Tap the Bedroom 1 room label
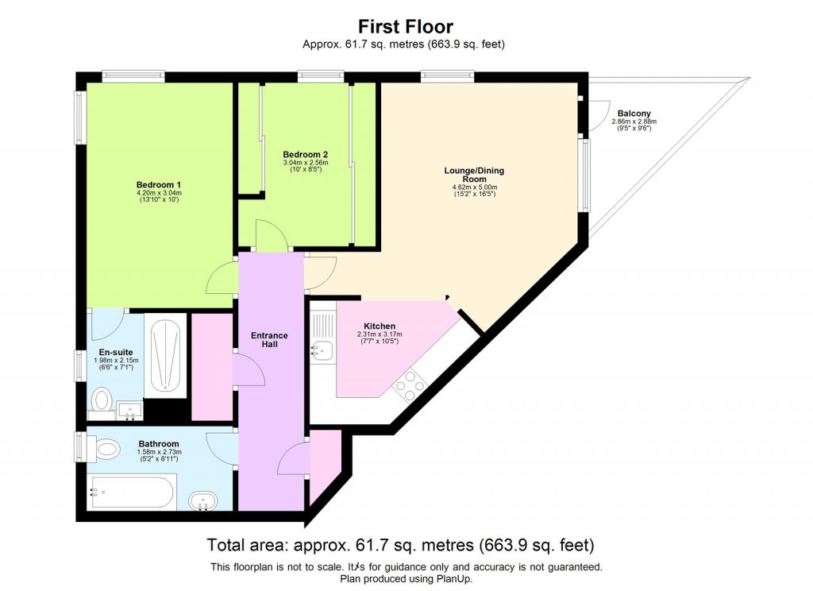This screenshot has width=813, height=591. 158,184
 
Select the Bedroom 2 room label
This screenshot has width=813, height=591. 306,154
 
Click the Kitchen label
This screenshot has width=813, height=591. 380,326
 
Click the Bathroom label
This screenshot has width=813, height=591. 159,443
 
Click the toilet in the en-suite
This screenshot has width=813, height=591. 102,399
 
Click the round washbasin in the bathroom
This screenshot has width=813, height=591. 204,501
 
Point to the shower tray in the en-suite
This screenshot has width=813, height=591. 166,357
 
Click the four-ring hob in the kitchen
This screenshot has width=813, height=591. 410,387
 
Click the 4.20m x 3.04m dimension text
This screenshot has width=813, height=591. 158,192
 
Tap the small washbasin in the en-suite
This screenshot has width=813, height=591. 129,411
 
